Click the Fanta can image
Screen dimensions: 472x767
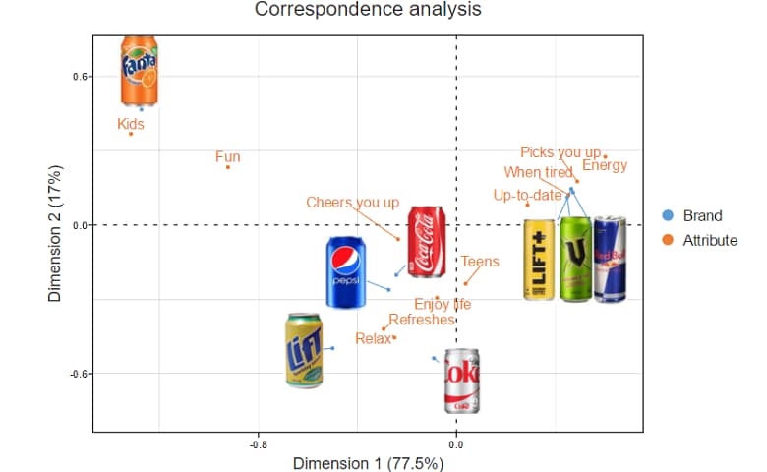(139, 71)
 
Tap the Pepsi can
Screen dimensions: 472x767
(346, 272)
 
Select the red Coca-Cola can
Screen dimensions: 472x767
(427, 243)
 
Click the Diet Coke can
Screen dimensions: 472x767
(461, 381)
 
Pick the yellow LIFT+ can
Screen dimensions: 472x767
(539, 260)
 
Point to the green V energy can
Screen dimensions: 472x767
(574, 260)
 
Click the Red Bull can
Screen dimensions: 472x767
(610, 260)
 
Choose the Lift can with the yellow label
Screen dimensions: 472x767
(304, 350)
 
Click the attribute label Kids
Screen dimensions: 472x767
(131, 124)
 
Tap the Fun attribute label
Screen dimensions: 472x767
(227, 156)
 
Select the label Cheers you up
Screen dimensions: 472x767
(353, 203)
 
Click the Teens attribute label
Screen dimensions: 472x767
(480, 262)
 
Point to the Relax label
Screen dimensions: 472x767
(373, 339)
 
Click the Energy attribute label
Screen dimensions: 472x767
(605, 165)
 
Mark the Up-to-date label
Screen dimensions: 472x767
(527, 195)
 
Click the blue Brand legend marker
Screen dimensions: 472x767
(669, 216)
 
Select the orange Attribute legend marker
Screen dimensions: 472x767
(669, 240)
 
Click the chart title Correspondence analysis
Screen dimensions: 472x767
(369, 11)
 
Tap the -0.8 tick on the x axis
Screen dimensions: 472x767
(258, 445)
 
